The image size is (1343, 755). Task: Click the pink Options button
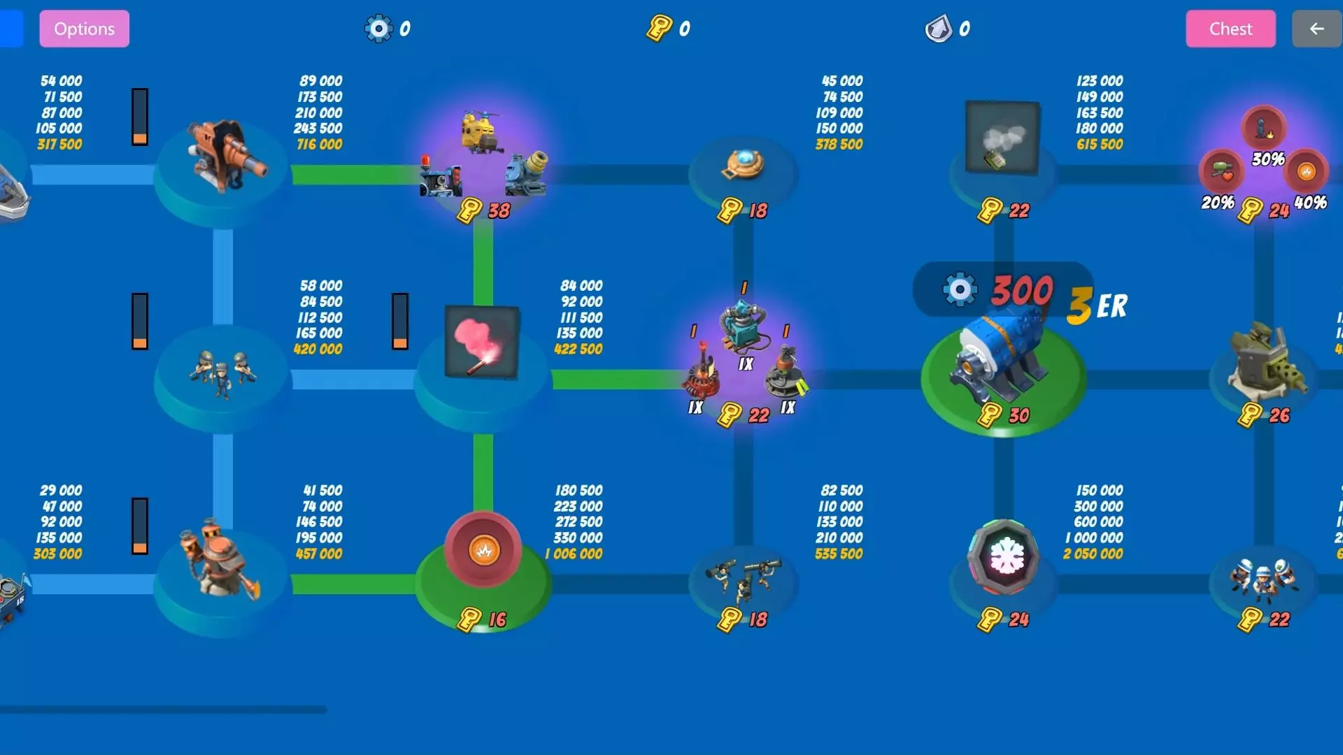84,29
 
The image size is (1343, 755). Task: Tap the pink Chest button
1230,29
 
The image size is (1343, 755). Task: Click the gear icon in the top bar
378,29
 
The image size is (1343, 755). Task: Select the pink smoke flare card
482,342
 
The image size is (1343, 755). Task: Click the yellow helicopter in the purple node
481,131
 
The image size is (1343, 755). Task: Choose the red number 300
1021,290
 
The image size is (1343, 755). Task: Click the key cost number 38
499,210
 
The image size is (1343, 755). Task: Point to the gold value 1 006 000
574,554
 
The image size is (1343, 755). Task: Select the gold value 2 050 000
1093,554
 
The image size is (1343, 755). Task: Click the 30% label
1268,159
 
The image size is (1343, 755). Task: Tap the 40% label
1310,203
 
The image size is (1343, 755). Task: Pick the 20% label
1218,203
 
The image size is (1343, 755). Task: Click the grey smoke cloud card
1002,137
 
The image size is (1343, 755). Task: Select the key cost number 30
1018,415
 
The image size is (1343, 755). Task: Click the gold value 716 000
320,145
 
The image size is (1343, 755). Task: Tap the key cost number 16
497,619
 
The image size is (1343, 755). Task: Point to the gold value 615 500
1100,145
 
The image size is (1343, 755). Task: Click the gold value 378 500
839,145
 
